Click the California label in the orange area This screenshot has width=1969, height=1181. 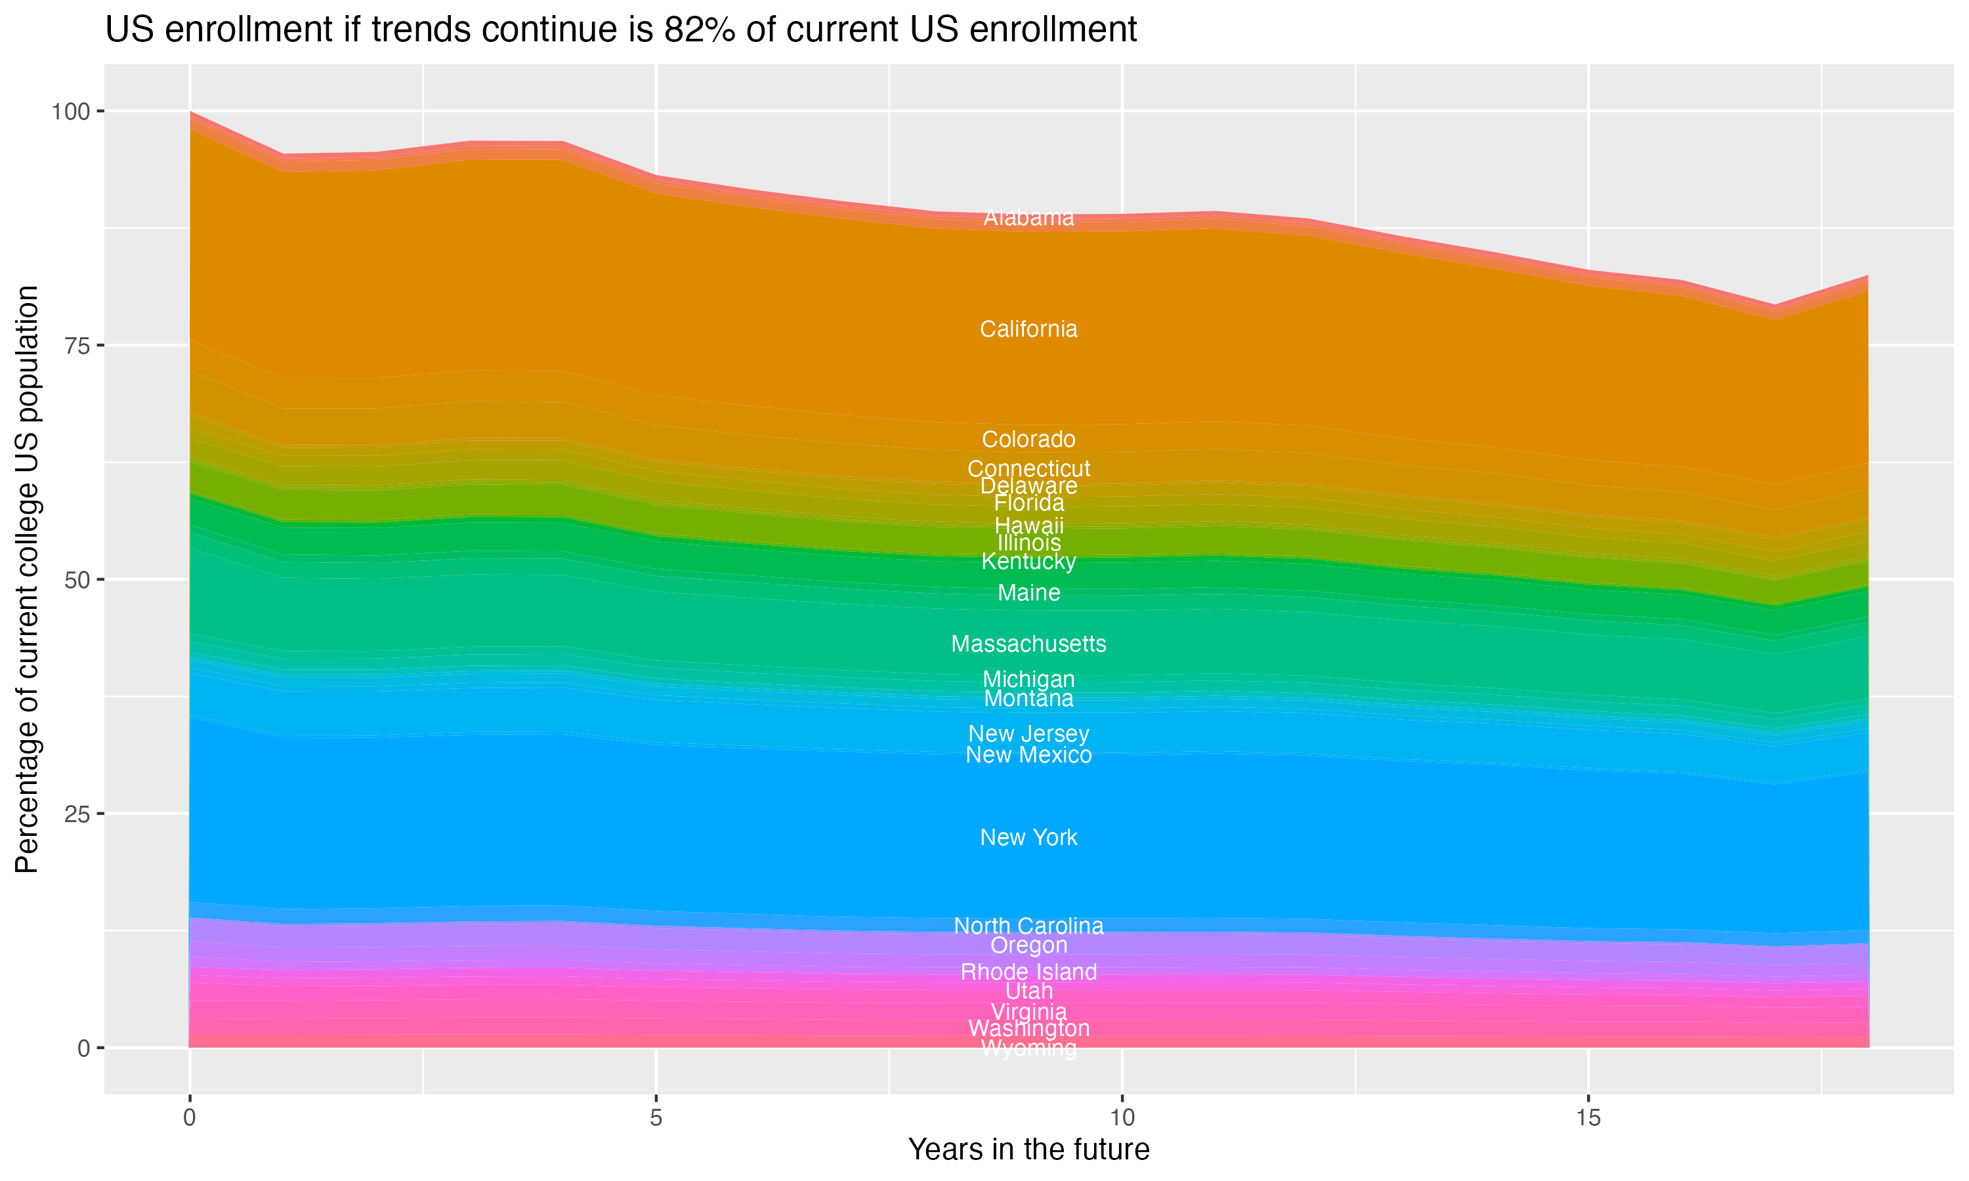coord(1028,329)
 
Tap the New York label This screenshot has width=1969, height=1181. coord(1028,837)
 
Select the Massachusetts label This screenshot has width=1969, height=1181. coord(1028,644)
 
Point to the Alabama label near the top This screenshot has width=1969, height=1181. coord(1028,217)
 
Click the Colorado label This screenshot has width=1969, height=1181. coord(1028,440)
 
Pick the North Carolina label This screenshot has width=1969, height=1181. coord(1028,926)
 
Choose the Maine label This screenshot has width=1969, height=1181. coord(1028,593)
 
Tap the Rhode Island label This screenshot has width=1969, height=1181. coord(1028,972)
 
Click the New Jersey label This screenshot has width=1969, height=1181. coord(1028,734)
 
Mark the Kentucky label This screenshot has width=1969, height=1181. coord(1028,562)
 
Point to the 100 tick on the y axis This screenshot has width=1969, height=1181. coord(70,112)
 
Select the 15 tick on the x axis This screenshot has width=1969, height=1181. coord(1588,1118)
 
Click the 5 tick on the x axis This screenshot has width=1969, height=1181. coord(656,1118)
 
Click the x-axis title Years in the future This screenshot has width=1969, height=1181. coord(1028,1149)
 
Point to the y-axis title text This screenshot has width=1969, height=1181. coord(27,579)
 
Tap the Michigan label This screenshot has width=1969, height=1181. coord(1028,680)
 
